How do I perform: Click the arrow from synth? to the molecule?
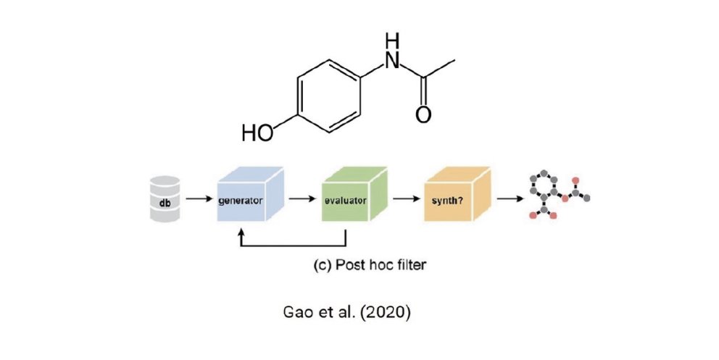pos(509,197)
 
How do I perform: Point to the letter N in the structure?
pos(392,62)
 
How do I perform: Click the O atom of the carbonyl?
pos(424,114)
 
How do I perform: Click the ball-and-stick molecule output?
pos(556,195)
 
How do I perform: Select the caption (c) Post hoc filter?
pos(370,264)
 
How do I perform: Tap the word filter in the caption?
pos(410,264)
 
